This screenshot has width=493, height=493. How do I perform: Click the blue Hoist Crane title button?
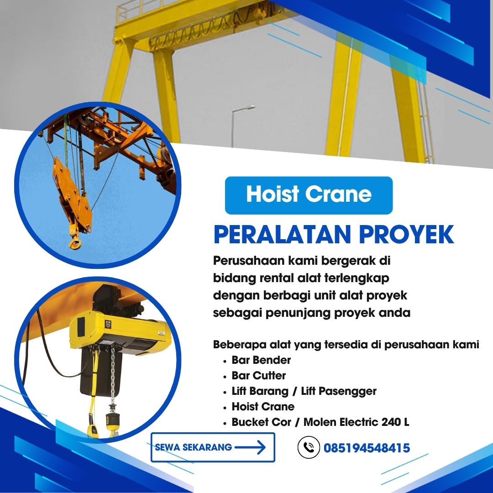click(x=309, y=195)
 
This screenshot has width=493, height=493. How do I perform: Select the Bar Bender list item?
click(x=261, y=360)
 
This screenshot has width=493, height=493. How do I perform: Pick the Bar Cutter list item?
click(x=258, y=376)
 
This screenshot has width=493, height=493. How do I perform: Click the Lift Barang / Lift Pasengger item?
click(x=304, y=391)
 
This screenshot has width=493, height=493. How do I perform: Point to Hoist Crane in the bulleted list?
click(x=263, y=407)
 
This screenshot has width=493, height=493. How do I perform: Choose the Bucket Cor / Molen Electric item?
click(x=320, y=422)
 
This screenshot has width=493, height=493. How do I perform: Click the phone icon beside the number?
click(x=309, y=447)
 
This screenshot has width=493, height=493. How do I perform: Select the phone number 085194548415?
click(x=367, y=448)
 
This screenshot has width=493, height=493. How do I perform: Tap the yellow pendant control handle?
click(x=93, y=430)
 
